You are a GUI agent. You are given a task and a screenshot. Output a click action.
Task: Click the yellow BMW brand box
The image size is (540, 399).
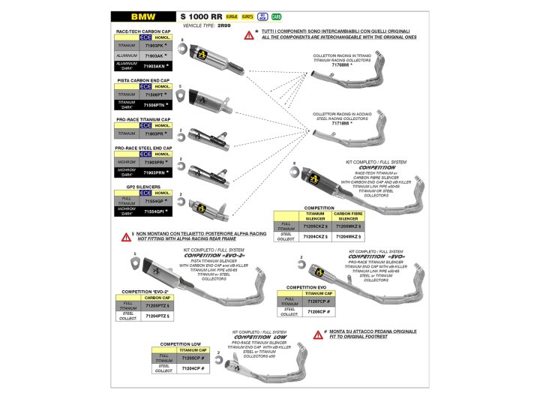tap(139, 15)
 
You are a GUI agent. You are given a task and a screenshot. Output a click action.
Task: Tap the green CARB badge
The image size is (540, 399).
tap(277, 15)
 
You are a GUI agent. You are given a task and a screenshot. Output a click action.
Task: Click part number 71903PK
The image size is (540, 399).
tap(154, 46)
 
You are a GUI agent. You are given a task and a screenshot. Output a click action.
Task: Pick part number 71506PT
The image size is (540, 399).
tap(154, 94)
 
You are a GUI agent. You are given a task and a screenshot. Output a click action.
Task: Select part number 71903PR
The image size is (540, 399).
tap(154, 133)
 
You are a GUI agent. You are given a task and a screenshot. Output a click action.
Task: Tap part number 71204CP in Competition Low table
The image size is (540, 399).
tap(193, 369)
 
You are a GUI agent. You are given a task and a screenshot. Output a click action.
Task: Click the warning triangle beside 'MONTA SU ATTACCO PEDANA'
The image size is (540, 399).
tap(318, 334)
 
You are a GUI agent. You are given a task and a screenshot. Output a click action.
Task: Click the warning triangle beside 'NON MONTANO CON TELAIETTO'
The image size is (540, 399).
tap(126, 235)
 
